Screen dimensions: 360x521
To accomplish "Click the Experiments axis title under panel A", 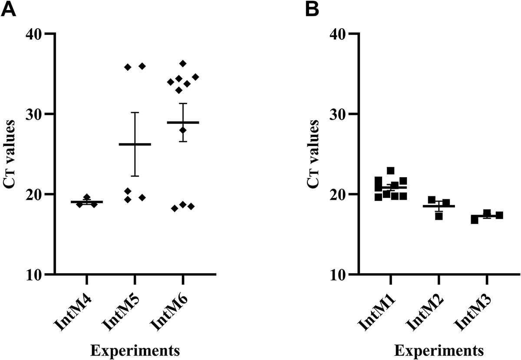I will pos(135,350).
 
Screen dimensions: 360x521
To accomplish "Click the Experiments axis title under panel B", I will pos(438,350).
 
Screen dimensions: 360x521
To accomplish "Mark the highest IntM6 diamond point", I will pos(183,63).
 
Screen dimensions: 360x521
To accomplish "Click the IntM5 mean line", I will pos(135,144).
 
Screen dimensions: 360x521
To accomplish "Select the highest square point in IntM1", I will pos(390,171).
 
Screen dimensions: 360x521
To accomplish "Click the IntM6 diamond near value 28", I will pos(183,130).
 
